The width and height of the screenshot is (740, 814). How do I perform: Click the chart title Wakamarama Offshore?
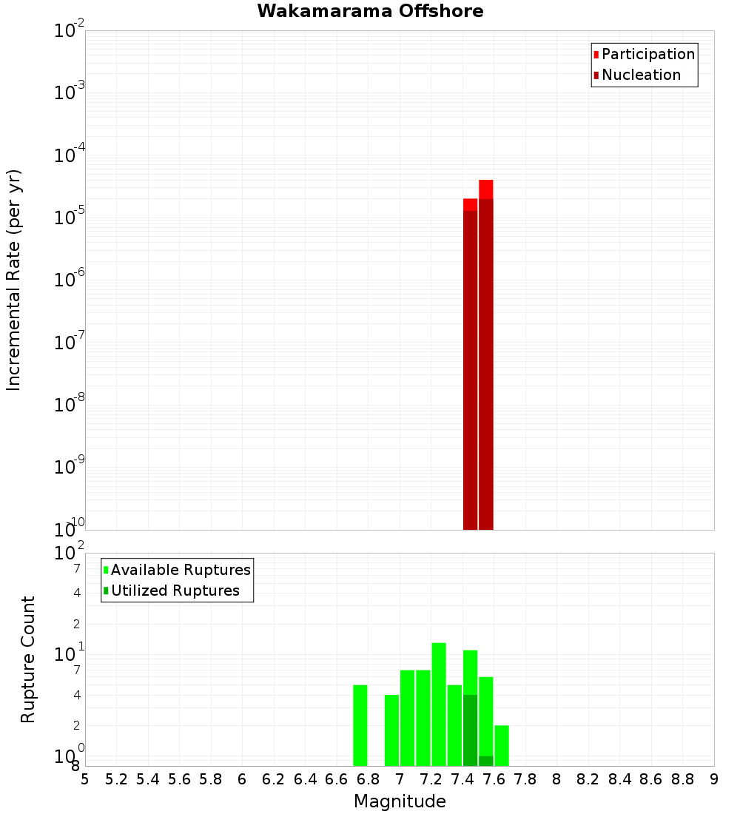(x=370, y=11)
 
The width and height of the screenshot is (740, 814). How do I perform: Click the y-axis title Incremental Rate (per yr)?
(x=14, y=280)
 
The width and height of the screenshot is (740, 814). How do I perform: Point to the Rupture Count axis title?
(x=28, y=659)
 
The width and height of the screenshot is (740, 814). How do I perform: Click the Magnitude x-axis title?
(x=400, y=801)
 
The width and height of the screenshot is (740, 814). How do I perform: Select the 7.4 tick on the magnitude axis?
(x=462, y=779)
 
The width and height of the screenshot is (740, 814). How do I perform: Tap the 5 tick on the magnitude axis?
(x=85, y=779)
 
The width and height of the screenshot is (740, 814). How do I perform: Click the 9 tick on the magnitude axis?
(x=714, y=779)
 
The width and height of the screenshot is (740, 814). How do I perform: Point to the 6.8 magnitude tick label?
(x=369, y=779)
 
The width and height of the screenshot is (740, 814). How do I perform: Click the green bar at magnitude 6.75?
(x=360, y=725)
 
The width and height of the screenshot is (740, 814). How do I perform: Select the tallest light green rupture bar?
(x=439, y=703)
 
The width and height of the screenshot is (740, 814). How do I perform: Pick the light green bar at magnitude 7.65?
(x=502, y=745)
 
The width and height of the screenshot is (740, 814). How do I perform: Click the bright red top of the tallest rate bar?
(x=485, y=189)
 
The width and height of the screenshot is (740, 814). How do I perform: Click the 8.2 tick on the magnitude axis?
(x=588, y=779)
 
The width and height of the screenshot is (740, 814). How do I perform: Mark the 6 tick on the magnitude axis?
(x=242, y=779)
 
